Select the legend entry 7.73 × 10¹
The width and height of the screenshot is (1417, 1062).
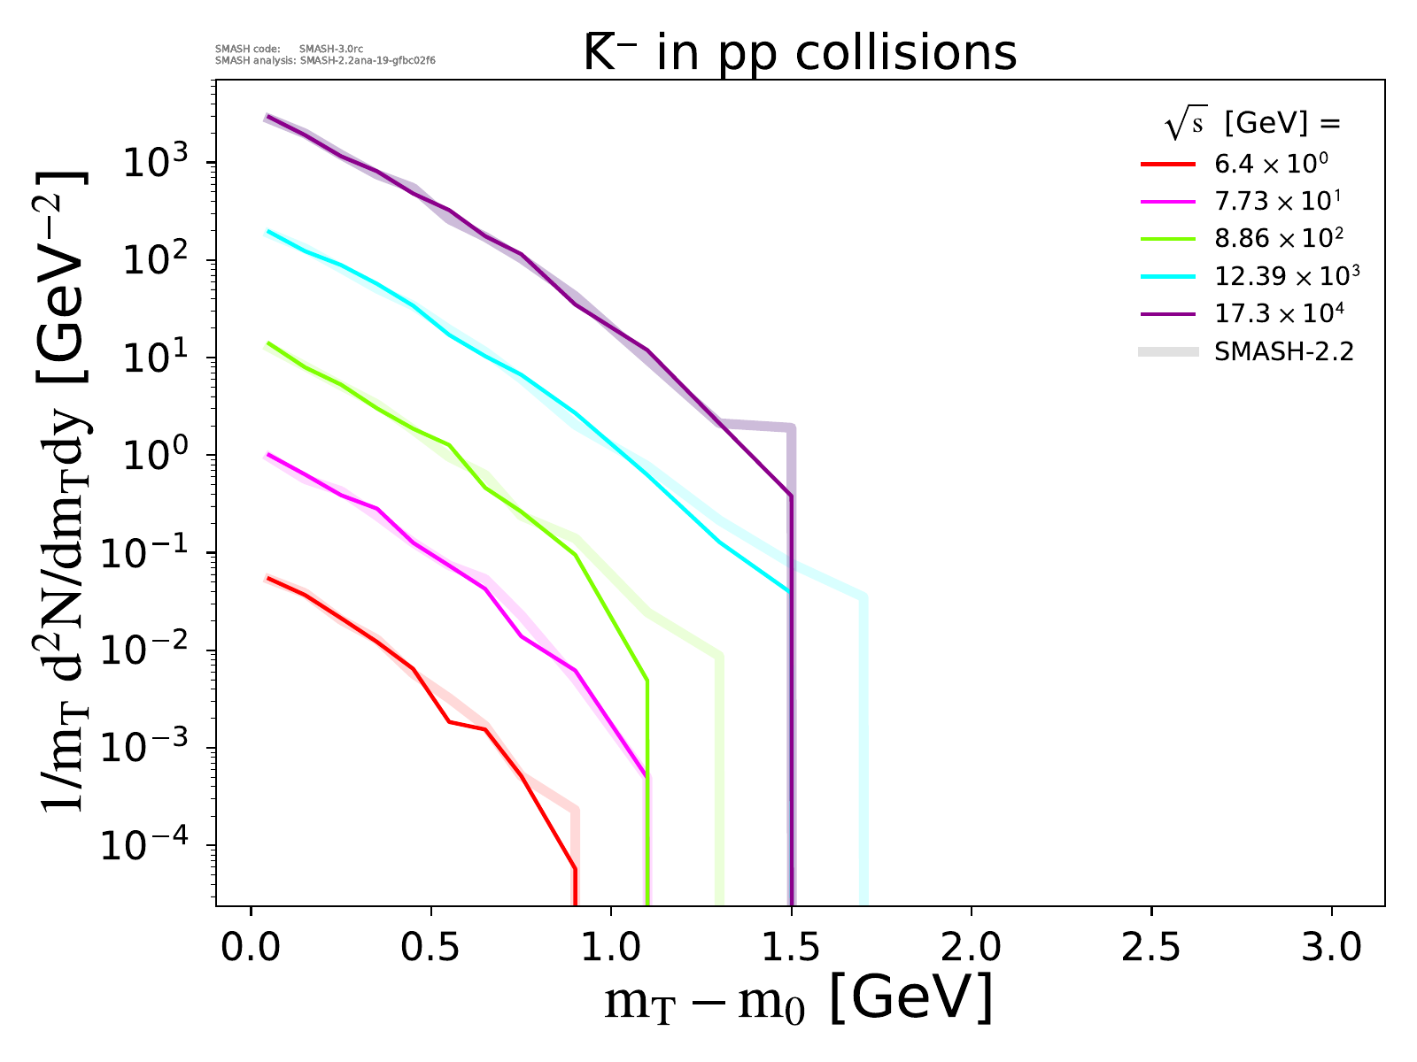(x=1276, y=202)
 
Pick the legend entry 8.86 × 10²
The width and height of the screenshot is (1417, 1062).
(x=1276, y=239)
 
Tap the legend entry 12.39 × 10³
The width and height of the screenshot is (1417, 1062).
(x=1286, y=276)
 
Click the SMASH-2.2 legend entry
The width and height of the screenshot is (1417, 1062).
(x=1283, y=352)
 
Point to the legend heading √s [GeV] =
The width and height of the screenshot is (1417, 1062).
(x=1252, y=125)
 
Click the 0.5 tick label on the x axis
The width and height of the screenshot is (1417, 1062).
(x=431, y=948)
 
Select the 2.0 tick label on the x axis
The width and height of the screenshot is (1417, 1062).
(x=971, y=948)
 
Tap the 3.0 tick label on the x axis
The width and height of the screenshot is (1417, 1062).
(x=1331, y=948)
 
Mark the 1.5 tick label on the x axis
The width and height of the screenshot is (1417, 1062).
(x=791, y=948)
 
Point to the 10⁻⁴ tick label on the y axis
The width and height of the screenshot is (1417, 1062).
(x=151, y=845)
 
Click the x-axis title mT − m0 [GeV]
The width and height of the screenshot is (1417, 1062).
(x=797, y=1001)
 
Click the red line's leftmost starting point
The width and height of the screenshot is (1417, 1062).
(x=268, y=578)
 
